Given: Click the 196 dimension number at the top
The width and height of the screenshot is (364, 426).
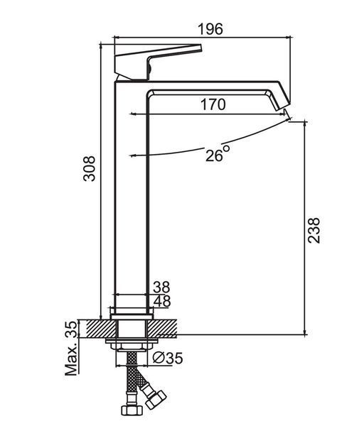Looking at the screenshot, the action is (210, 29).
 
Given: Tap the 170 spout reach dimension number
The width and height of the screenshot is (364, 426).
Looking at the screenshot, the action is (213, 104).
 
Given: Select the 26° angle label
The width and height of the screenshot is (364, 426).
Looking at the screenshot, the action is (218, 153).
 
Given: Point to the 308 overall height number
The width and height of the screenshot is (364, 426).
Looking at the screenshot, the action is (90, 168).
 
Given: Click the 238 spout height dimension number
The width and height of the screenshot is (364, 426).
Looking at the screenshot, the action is (314, 230).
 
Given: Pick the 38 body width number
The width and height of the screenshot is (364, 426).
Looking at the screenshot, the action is (161, 287).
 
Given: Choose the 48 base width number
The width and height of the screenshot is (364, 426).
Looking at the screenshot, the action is (162, 301).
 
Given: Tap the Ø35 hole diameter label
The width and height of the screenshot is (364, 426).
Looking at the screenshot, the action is (168, 358).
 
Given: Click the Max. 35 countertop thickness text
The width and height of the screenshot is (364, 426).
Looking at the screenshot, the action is (71, 349).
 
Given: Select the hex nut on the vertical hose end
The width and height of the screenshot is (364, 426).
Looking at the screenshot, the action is (132, 410).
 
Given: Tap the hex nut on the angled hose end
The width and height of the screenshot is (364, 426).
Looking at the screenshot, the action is (156, 400).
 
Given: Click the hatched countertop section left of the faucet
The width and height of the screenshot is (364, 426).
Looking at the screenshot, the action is (102, 329).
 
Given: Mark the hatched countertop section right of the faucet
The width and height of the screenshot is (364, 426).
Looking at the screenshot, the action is (162, 329).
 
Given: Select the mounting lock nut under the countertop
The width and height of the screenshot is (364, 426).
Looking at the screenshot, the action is (132, 346).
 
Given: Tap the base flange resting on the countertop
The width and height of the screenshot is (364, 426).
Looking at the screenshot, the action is (132, 317).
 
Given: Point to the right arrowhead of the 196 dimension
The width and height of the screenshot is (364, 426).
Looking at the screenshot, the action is (289, 37).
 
